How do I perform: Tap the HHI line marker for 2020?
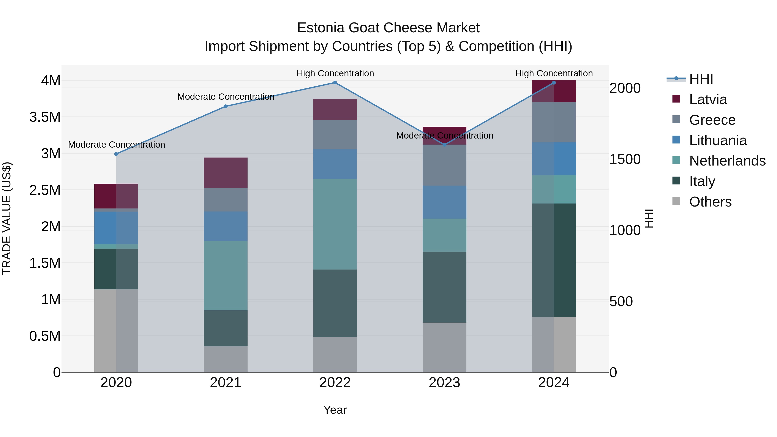tap(116, 154)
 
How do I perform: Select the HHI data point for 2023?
tap(444, 145)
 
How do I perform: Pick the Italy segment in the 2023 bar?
tap(444, 287)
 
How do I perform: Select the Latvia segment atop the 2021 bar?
tap(226, 173)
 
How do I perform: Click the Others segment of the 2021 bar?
tap(226, 359)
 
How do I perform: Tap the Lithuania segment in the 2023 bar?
tap(444, 202)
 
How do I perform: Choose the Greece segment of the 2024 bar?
tap(554, 122)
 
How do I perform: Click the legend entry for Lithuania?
tap(718, 140)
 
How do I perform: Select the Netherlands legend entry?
tap(727, 161)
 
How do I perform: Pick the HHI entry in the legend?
tap(701, 79)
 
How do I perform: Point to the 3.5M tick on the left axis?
tap(45, 117)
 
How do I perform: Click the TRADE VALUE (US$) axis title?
tap(7, 218)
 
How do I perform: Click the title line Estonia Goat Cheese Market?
tap(388, 28)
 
